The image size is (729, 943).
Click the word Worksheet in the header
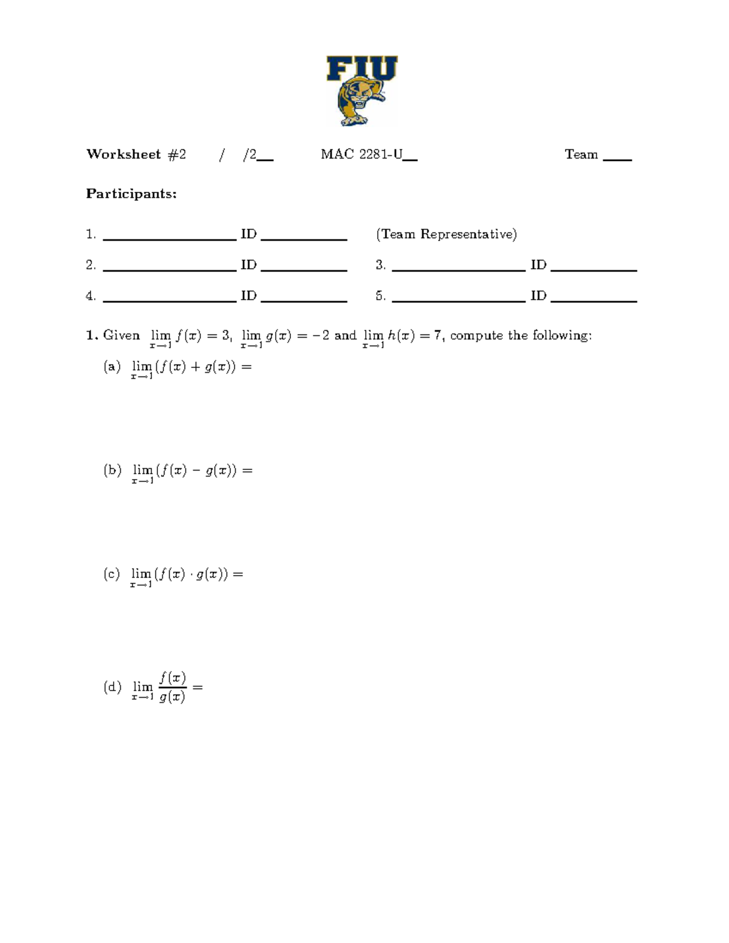point(123,154)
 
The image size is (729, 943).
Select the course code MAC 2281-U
point(362,154)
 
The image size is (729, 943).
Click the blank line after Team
point(617,158)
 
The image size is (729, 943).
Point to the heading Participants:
point(131,194)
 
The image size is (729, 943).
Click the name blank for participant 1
point(169,239)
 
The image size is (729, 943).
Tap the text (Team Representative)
point(447,234)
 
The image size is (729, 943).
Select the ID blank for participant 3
point(594,269)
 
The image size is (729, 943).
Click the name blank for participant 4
point(169,300)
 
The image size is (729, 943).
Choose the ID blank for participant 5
point(594,300)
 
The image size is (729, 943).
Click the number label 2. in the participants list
point(91,265)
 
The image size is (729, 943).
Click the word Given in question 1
point(122,335)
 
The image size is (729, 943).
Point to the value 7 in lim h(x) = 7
point(437,335)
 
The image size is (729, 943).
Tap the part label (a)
point(112,367)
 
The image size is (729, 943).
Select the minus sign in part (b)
point(196,471)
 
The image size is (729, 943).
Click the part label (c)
point(112,574)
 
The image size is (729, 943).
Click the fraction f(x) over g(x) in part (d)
point(173,687)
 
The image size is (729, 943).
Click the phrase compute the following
point(520,335)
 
